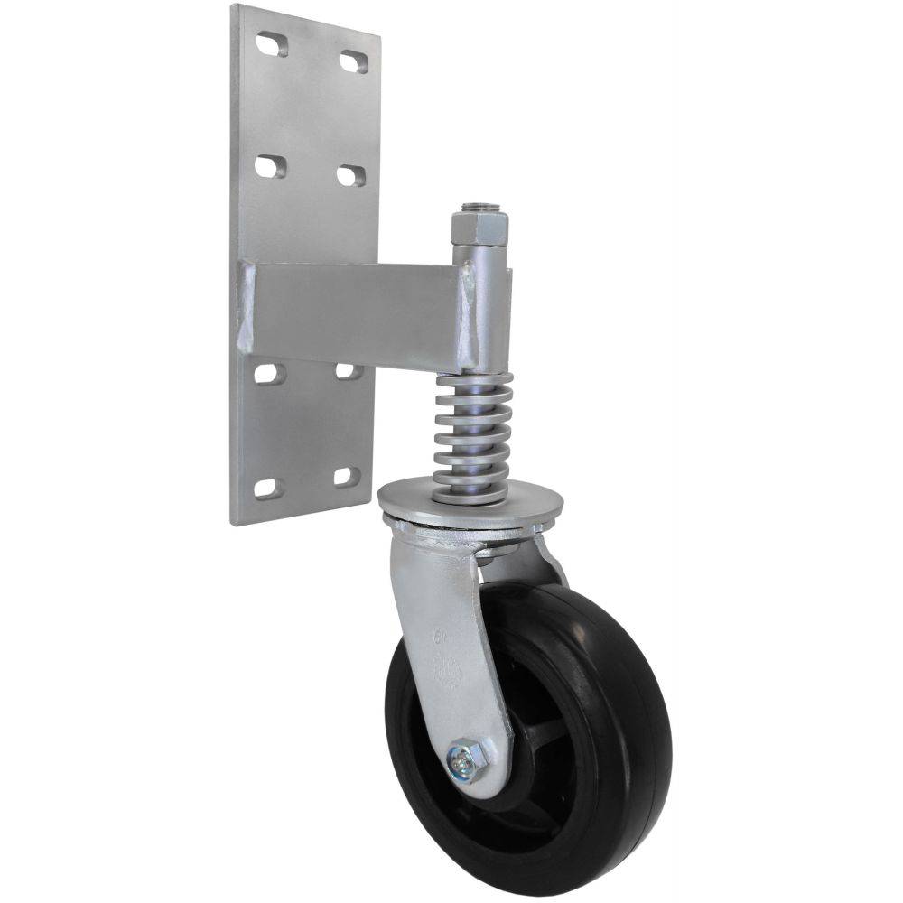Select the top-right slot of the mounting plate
[x=353, y=61]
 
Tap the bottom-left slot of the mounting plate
[x=268, y=489]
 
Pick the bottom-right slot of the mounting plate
[x=347, y=475]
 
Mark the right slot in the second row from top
[x=351, y=175]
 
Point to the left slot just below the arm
[x=269, y=373]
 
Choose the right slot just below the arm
[x=349, y=370]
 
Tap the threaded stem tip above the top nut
[x=479, y=208]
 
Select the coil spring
[x=472, y=433]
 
